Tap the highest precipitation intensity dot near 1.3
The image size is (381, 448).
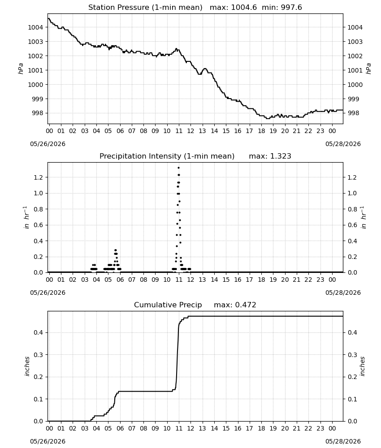point(179,168)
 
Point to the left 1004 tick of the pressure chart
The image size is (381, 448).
point(35,27)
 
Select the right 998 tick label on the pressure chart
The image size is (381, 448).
point(355,113)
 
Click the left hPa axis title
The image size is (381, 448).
point(21,69)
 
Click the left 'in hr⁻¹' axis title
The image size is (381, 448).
point(26,217)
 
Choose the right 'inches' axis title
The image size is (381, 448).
point(363,366)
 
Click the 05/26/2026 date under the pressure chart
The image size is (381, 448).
point(48,144)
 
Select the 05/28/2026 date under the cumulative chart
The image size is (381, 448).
point(343,441)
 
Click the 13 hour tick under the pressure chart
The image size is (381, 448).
point(202,131)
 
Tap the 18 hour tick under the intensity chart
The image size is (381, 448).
point(261,280)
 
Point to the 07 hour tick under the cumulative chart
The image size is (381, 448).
point(131,428)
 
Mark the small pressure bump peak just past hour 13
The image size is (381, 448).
point(205,69)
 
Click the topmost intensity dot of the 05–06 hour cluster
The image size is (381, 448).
point(116,250)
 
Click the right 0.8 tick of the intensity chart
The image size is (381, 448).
point(352,209)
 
